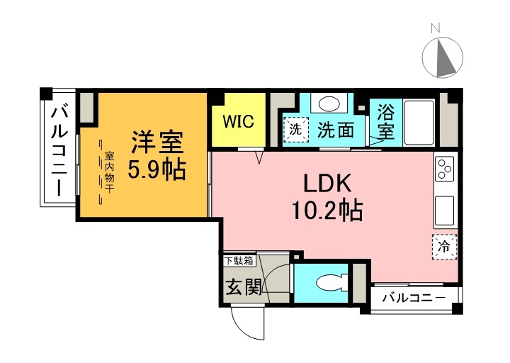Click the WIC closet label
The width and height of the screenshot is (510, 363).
[x=238, y=121]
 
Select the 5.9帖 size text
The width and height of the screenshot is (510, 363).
[x=156, y=169]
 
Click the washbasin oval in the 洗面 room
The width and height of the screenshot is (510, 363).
[x=327, y=104]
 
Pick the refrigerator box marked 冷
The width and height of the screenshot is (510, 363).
[x=444, y=247]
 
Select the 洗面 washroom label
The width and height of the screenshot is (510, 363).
[x=335, y=130]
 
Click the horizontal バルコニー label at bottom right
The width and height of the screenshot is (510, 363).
[x=414, y=298]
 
